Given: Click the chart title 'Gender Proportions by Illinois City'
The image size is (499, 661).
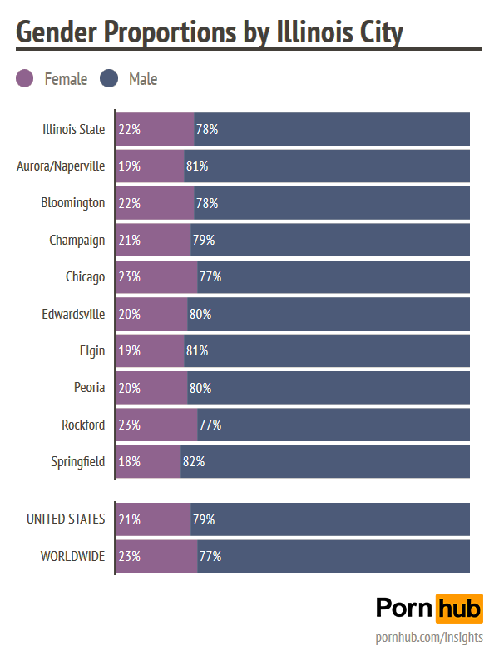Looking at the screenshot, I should pyautogui.click(x=210, y=32).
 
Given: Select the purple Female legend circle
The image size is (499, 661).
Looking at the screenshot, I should pyautogui.click(x=25, y=79).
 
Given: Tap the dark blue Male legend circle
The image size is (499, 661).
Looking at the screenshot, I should pyautogui.click(x=109, y=79).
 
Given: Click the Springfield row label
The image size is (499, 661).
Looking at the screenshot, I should pyautogui.click(x=78, y=461).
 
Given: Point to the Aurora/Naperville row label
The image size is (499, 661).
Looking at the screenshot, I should pyautogui.click(x=61, y=166).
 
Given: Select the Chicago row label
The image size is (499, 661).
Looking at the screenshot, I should pyautogui.click(x=86, y=276).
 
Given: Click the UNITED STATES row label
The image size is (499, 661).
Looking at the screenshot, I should pyautogui.click(x=66, y=519).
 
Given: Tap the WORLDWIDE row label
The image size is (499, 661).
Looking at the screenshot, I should pyautogui.click(x=73, y=556).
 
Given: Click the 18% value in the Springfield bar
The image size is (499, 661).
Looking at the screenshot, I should pyautogui.click(x=129, y=461).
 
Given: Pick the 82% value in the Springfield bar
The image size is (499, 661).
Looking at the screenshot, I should pyautogui.click(x=194, y=461).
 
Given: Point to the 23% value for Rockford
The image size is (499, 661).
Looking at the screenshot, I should pyautogui.click(x=129, y=425).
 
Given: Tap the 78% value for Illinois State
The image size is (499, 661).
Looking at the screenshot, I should pyautogui.click(x=207, y=129).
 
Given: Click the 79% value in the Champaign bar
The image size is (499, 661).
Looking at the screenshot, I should pyautogui.click(x=204, y=240).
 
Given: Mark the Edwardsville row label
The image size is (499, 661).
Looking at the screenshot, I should pyautogui.click(x=73, y=314).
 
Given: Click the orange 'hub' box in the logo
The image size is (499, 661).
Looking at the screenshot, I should pyautogui.click(x=459, y=608).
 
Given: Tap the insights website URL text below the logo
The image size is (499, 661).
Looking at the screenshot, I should pyautogui.click(x=429, y=638).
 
